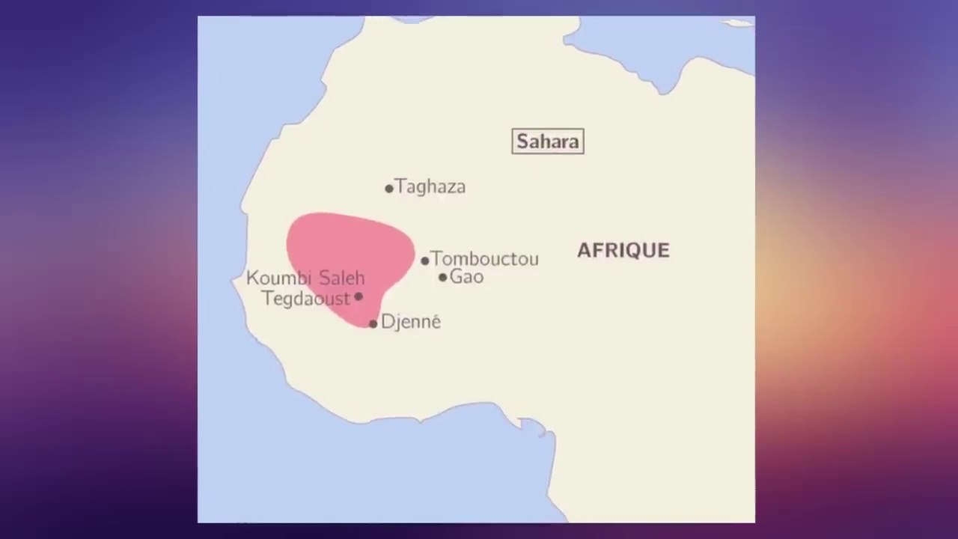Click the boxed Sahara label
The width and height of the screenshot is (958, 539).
point(548,141)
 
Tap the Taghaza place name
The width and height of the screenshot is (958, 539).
point(430,186)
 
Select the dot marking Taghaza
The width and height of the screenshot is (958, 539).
point(389,189)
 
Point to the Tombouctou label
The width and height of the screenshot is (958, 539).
point(485,259)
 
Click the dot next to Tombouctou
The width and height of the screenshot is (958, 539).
point(425,261)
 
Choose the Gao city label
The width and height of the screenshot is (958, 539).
point(466,277)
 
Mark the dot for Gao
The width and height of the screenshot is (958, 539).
point(443,278)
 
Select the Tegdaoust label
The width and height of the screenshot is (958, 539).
point(306,299)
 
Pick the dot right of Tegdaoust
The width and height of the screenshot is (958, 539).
point(359,296)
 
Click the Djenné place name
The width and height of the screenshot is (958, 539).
point(411,322)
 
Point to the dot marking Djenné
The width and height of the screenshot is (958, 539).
point(373,323)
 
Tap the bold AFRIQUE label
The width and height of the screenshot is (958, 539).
point(623,251)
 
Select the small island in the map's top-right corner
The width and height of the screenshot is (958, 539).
point(739,22)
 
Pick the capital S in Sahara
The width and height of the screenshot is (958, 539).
point(523,141)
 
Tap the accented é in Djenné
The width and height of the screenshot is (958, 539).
point(435,322)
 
